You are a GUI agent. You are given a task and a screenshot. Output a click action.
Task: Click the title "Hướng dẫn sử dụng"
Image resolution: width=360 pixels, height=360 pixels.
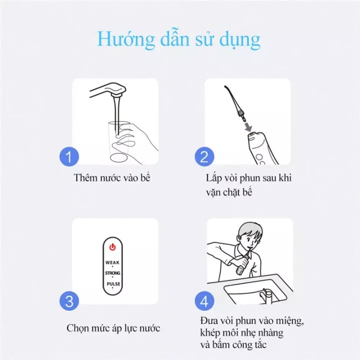click(179, 39)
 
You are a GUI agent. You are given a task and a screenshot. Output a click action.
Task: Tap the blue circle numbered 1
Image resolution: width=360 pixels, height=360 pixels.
click(69, 156)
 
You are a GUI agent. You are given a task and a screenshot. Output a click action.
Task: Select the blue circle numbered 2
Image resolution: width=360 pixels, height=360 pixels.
click(204, 156)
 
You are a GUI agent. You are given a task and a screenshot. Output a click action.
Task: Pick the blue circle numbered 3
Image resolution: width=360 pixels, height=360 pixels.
click(69, 301)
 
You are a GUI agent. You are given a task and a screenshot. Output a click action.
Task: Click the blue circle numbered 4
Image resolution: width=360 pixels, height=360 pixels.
click(204, 301)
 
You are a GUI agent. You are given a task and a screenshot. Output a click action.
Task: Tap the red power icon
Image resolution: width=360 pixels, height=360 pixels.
click(112, 247)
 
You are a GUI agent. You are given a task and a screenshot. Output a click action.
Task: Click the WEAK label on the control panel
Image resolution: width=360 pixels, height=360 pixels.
click(112, 262)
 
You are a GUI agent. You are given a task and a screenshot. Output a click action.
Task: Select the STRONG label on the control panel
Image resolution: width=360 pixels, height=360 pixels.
click(112, 273)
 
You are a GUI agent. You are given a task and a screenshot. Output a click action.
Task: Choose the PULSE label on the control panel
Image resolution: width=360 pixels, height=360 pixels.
click(113, 284)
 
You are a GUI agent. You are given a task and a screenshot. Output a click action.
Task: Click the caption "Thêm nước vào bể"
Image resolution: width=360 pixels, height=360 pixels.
click(112, 178)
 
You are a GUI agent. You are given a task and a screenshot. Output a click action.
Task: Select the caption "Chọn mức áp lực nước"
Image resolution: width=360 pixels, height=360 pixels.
click(113, 328)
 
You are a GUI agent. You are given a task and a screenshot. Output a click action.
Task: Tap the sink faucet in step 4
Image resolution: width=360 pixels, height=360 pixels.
click(266, 295)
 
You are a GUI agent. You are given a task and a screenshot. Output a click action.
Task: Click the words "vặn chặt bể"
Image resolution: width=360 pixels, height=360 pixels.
click(229, 192)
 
